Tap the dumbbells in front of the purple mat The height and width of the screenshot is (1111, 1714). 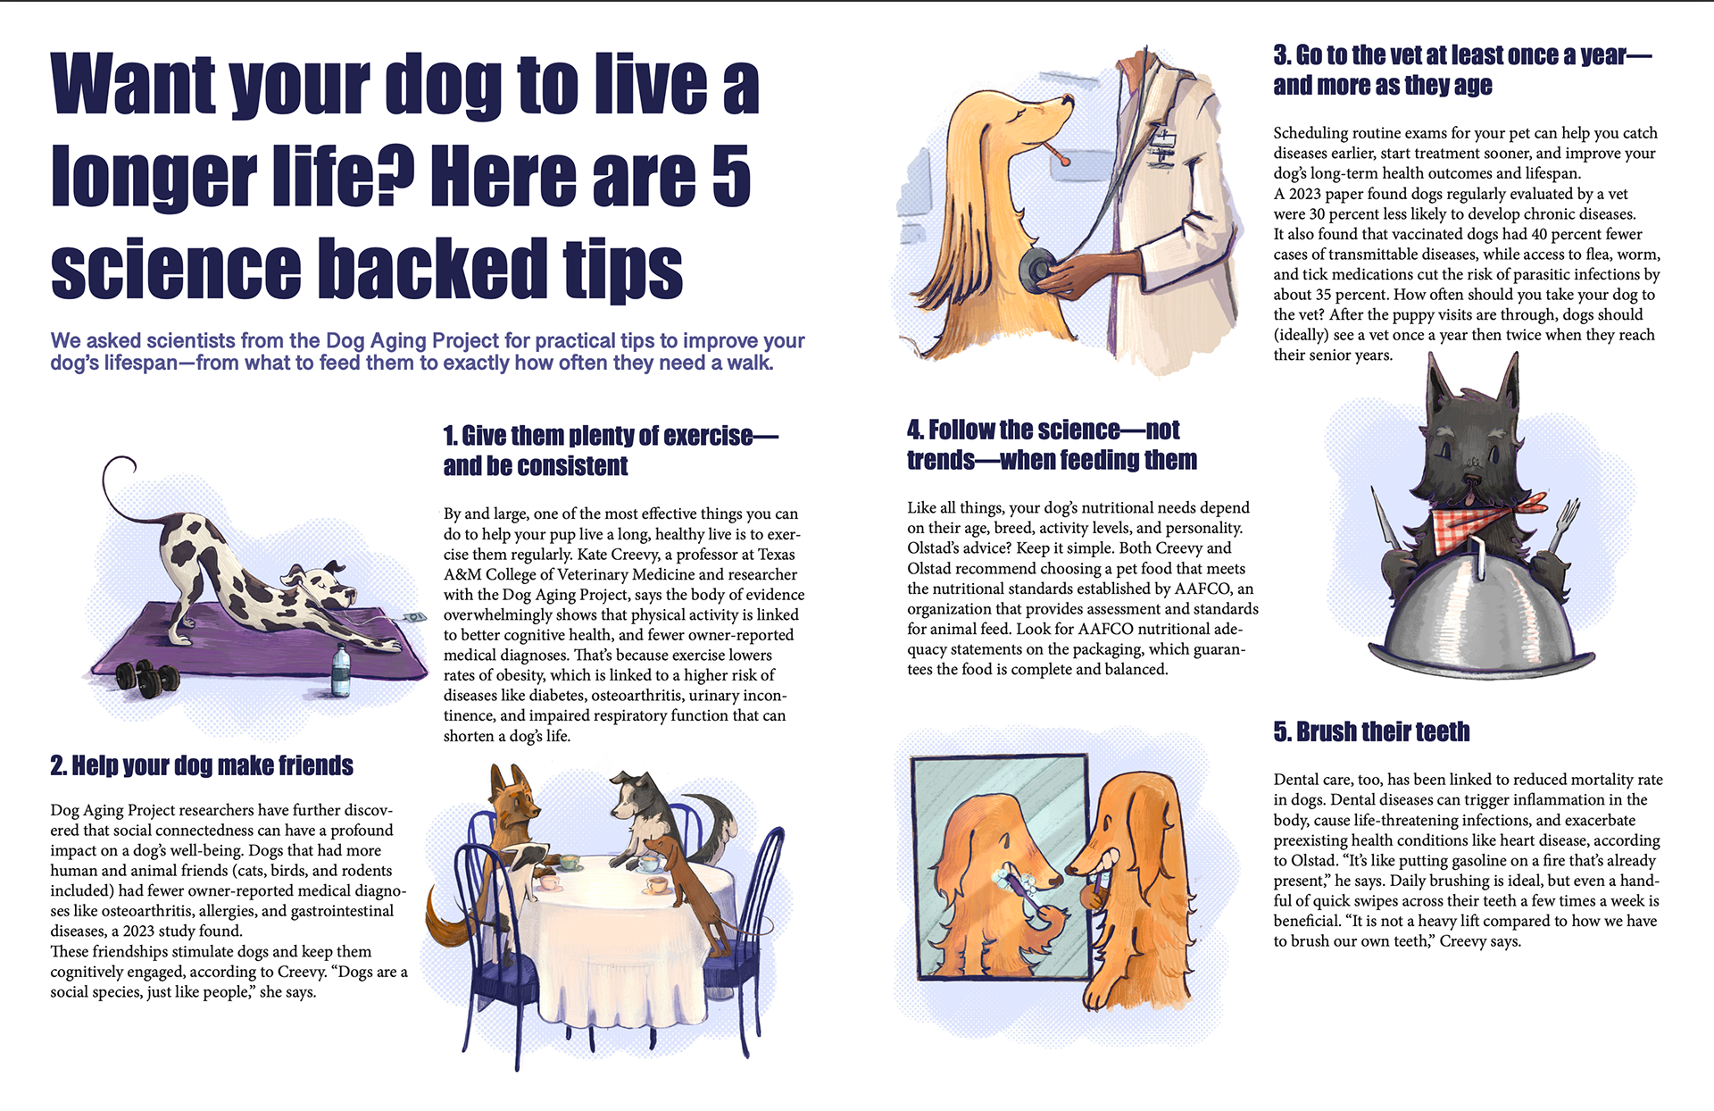click(148, 678)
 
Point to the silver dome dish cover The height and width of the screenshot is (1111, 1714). click(1482, 616)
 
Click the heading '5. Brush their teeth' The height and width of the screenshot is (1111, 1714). click(1371, 731)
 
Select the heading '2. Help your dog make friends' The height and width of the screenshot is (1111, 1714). click(202, 765)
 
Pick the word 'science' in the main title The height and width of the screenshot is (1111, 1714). click(176, 268)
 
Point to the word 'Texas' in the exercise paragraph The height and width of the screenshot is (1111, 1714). click(777, 554)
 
